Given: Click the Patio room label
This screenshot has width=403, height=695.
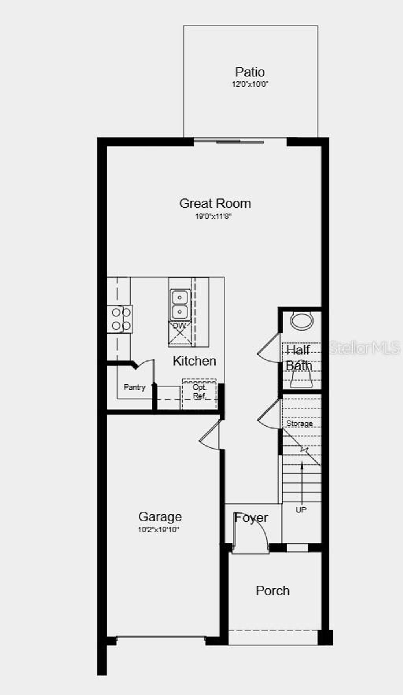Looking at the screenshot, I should [250, 72].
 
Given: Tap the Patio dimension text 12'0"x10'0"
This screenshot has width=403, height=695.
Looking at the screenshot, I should [250, 84].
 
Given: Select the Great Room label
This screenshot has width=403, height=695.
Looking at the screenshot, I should [215, 203].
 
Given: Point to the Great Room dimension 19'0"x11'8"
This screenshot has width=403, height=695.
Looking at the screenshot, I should [213, 216].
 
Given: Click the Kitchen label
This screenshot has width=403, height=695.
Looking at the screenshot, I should [194, 361].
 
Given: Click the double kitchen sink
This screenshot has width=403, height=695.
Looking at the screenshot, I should [180, 304].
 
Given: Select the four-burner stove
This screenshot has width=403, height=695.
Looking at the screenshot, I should [120, 319].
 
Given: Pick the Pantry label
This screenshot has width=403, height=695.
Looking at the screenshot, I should [135, 387].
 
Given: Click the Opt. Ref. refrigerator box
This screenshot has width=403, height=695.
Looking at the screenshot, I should [199, 393].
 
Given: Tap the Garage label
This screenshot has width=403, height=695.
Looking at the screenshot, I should [160, 517].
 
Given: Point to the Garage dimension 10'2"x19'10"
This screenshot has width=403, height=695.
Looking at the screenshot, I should [158, 530].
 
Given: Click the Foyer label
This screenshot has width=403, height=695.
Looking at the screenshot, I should [251, 518].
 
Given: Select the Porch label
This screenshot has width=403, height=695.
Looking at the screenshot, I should [273, 591].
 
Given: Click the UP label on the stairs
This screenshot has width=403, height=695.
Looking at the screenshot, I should [301, 510].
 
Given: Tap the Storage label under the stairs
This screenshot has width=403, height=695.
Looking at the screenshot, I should [299, 423].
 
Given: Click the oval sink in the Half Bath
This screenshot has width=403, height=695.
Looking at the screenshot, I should [301, 321].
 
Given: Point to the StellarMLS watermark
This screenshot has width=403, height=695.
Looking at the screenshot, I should [364, 348].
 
